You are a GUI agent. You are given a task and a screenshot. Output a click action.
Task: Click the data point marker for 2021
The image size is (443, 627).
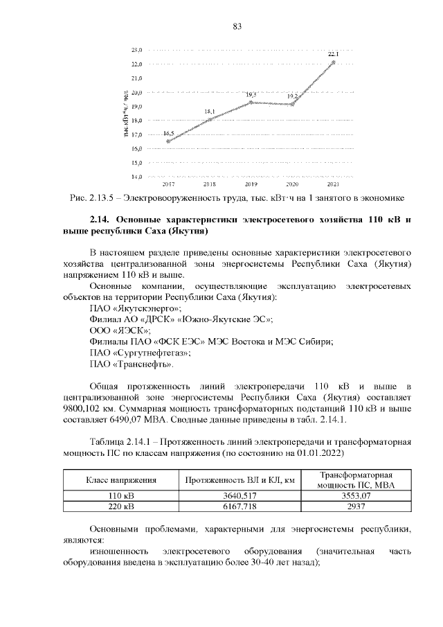[x=334, y=62]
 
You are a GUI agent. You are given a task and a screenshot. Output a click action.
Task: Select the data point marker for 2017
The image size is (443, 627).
[x=168, y=141]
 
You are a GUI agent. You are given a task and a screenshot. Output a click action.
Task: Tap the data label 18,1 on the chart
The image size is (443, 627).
[x=209, y=111]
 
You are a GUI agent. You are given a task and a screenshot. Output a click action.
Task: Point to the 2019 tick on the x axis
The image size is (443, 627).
[x=251, y=185]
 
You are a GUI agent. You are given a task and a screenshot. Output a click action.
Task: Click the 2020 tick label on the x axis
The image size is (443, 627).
[x=292, y=185]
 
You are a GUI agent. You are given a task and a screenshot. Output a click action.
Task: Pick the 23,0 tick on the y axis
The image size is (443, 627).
[x=136, y=50]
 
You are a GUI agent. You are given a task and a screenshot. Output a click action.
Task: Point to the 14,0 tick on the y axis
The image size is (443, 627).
[x=136, y=177]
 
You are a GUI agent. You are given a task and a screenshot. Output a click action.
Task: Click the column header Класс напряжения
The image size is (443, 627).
[x=120, y=480]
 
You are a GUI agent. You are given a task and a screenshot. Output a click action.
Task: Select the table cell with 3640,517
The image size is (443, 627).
[x=240, y=496]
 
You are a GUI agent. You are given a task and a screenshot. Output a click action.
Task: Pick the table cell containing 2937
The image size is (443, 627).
[x=353, y=506]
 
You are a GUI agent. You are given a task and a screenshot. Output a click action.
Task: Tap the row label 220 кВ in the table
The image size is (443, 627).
[x=120, y=506]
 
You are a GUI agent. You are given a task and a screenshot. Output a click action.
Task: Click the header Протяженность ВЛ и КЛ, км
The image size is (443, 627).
[x=240, y=480]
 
